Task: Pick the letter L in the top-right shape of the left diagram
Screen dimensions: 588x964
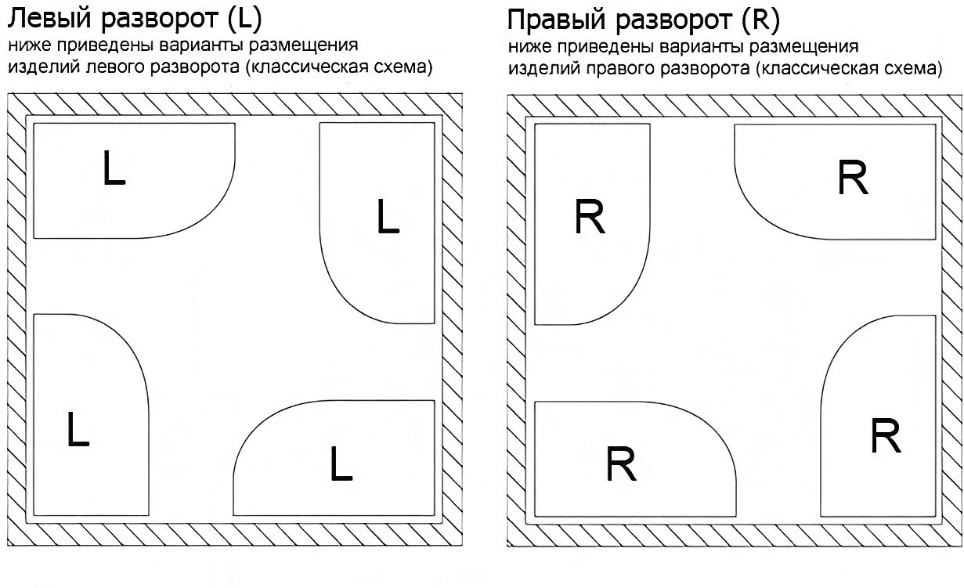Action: [388, 217]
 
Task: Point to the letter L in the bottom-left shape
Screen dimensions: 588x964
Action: [78, 430]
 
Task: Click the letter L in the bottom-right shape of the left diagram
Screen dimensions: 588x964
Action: [341, 464]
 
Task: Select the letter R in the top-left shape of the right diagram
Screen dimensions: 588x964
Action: [590, 217]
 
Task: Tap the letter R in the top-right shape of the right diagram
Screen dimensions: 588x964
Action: [852, 179]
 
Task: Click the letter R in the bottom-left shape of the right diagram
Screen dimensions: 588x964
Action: [621, 465]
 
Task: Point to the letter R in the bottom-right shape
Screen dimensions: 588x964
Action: [885, 436]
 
